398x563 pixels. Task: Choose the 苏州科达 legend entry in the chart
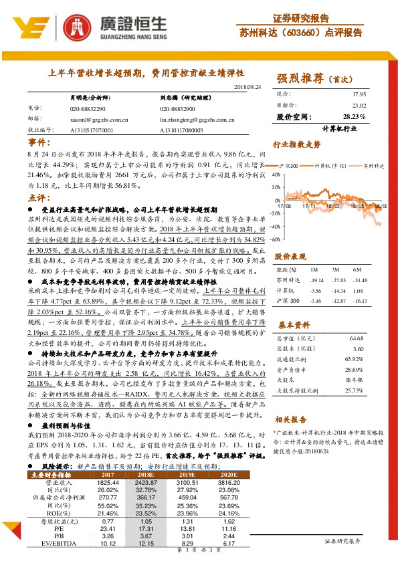point(372,163)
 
